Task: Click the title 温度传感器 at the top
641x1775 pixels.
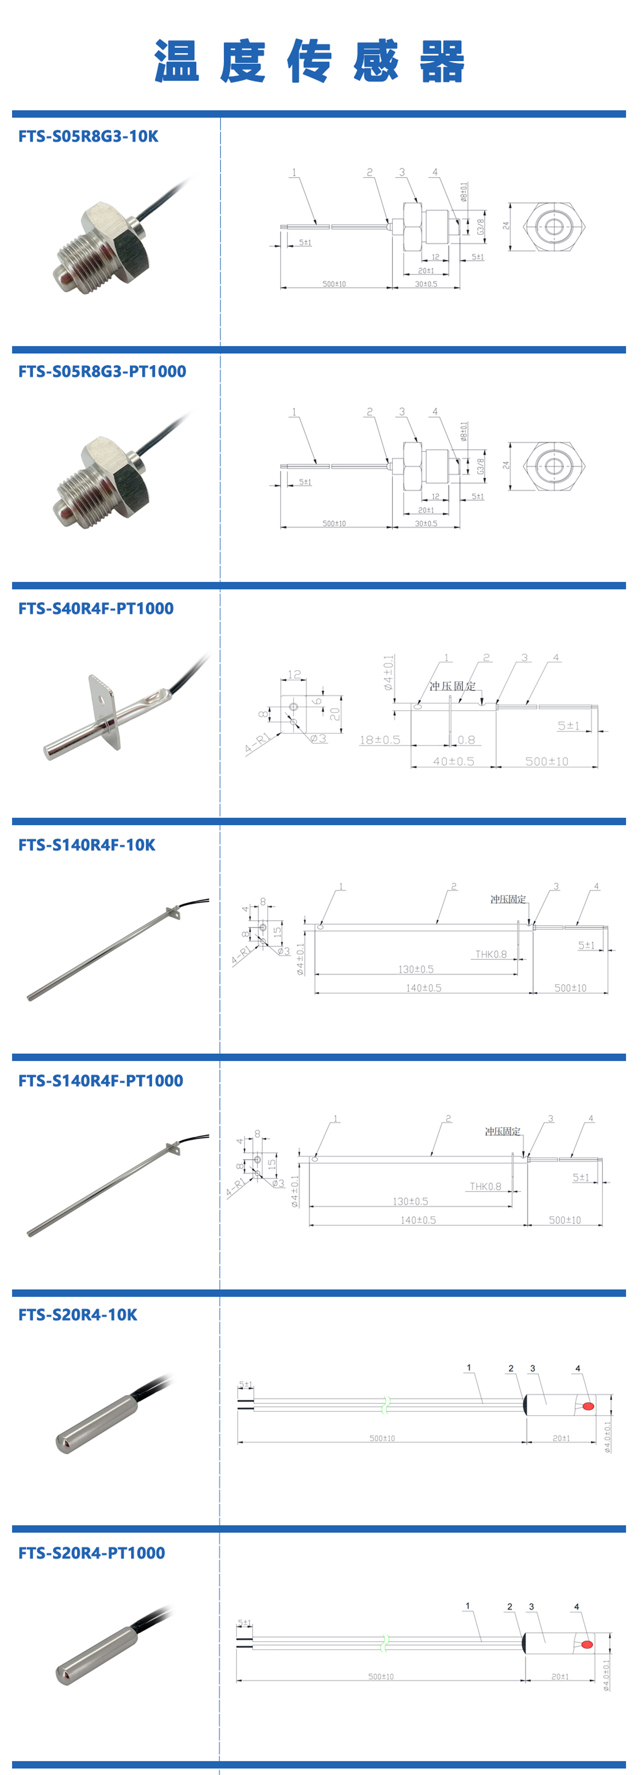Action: point(310,61)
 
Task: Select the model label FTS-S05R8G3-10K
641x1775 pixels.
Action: point(88,136)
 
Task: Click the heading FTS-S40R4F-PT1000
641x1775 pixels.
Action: point(96,608)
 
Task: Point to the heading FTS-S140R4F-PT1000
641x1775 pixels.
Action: point(101,1080)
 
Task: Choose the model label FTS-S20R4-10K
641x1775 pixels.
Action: point(78,1315)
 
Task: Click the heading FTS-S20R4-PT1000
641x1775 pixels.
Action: point(92,1553)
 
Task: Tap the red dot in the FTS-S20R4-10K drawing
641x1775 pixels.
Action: point(588,1406)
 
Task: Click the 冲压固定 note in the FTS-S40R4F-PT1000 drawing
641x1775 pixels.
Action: point(452,686)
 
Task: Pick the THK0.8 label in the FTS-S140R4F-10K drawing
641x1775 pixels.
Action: point(491,954)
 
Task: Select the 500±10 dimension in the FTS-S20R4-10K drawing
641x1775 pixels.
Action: point(382,1438)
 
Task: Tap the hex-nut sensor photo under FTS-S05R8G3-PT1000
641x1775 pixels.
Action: point(103,482)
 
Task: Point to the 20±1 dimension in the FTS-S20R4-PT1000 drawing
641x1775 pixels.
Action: point(560,1677)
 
